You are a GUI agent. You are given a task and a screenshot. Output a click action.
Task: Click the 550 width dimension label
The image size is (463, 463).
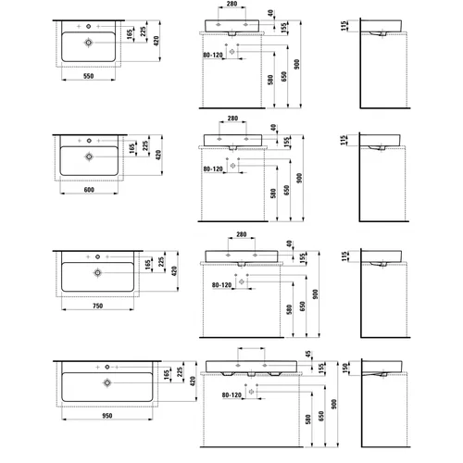click(88, 76)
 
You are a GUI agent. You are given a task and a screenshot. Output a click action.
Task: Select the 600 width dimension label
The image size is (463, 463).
click(89, 190)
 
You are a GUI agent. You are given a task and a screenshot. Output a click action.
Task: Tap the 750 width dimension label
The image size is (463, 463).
click(97, 306)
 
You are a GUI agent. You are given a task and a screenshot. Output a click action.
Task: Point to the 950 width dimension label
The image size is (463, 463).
click(107, 416)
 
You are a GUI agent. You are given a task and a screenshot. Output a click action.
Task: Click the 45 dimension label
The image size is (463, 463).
click(308, 354)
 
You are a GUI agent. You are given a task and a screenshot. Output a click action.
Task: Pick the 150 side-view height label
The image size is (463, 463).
click(345, 368)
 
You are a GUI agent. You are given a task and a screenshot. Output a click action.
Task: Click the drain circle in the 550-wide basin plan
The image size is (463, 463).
click(89, 43)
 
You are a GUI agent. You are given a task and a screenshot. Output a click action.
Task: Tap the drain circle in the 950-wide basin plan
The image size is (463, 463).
click(107, 382)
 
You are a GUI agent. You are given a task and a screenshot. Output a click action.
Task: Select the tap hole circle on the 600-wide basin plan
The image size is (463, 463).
click(89, 141)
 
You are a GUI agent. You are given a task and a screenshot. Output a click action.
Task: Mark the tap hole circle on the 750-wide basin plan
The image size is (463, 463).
click(97, 257)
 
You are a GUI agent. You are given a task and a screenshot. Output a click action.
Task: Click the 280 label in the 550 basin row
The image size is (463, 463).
click(231, 4)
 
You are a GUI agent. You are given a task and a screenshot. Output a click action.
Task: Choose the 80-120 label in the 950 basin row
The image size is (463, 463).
click(231, 395)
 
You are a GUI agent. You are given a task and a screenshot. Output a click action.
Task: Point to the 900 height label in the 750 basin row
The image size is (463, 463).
click(315, 294)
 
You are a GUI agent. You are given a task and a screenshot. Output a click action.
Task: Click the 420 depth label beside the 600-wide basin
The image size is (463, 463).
click(158, 155)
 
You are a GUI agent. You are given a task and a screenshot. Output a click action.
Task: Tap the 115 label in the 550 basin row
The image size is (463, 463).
click(344, 26)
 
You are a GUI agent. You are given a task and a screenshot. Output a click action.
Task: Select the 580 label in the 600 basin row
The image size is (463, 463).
click(273, 194)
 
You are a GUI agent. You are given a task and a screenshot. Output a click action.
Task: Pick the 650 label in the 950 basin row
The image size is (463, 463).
click(321, 416)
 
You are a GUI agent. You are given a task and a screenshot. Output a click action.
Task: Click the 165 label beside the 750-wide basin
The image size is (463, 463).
click(148, 265)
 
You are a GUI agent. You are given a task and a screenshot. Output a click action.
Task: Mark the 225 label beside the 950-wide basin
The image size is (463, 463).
click(180, 372)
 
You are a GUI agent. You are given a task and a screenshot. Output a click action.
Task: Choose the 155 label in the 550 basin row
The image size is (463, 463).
click(284, 28)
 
